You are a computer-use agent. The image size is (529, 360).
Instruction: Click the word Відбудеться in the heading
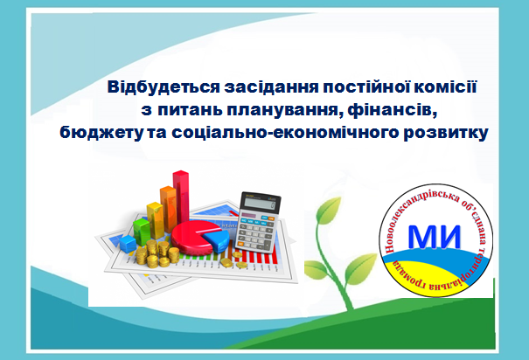click(x=164, y=87)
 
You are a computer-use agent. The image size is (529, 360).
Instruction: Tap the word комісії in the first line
click(x=445, y=87)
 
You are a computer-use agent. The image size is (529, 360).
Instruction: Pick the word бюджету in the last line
click(x=101, y=133)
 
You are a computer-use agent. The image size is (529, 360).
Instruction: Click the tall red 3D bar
click(x=181, y=197)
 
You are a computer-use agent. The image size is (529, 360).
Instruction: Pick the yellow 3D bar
click(x=155, y=220)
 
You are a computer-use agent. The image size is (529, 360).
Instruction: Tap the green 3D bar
click(x=142, y=232)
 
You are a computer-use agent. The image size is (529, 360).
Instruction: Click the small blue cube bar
click(x=128, y=244)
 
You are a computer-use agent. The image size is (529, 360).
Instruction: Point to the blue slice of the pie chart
click(x=216, y=240)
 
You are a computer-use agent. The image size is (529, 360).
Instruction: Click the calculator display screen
click(x=260, y=204)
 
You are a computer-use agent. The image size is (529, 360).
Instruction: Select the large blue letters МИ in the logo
click(x=435, y=237)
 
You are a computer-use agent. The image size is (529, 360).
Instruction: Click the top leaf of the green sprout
click(x=328, y=210)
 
